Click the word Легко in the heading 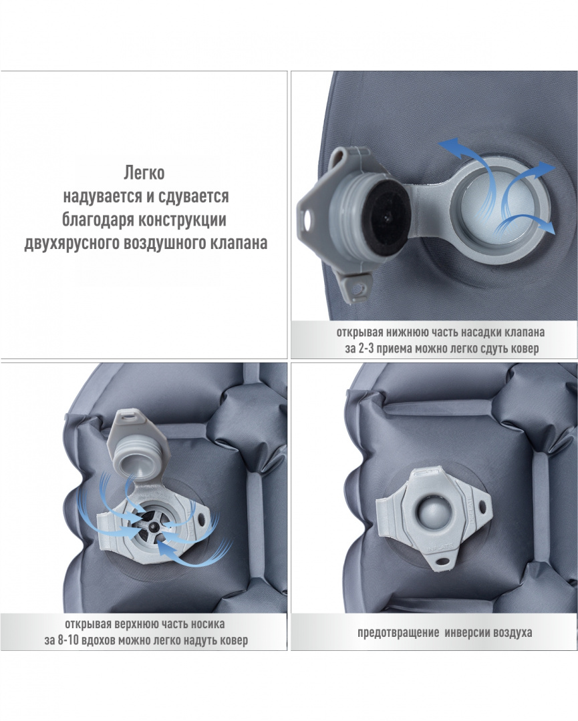pos(144,174)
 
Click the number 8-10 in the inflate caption pos(69,640)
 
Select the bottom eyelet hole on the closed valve pos(443,561)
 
